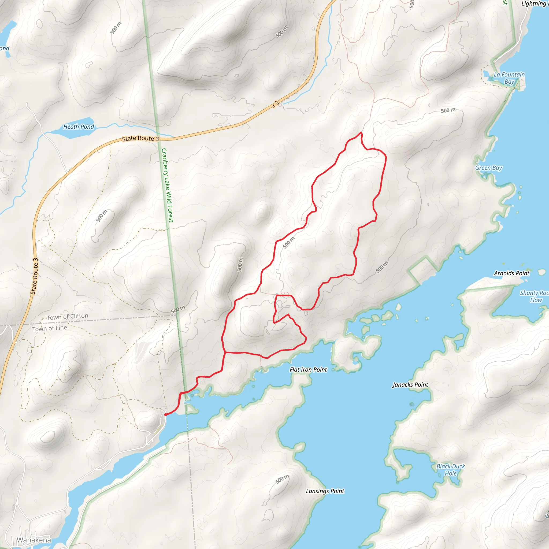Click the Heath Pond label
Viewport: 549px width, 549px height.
[x=79, y=127]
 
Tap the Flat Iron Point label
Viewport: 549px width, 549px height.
[x=308, y=370]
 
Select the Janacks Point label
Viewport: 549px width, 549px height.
[x=410, y=385]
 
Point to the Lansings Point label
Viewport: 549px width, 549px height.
[x=325, y=491]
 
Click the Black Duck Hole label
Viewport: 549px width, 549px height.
[x=451, y=470]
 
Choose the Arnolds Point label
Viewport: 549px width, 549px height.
[x=511, y=273]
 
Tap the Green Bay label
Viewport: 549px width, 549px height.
[x=488, y=168]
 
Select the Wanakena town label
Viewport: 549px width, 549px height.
[x=34, y=540]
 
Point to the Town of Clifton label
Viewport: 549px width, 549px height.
[x=67, y=317]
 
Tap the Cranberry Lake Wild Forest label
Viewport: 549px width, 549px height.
[x=167, y=185]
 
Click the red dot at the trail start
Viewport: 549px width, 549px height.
[x=166, y=415]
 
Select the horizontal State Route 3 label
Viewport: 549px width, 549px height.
[x=140, y=138]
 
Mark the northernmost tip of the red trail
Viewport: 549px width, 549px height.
[x=361, y=132]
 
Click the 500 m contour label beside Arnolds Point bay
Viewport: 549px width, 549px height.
[x=382, y=267]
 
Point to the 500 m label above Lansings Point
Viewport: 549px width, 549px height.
[x=282, y=479]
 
